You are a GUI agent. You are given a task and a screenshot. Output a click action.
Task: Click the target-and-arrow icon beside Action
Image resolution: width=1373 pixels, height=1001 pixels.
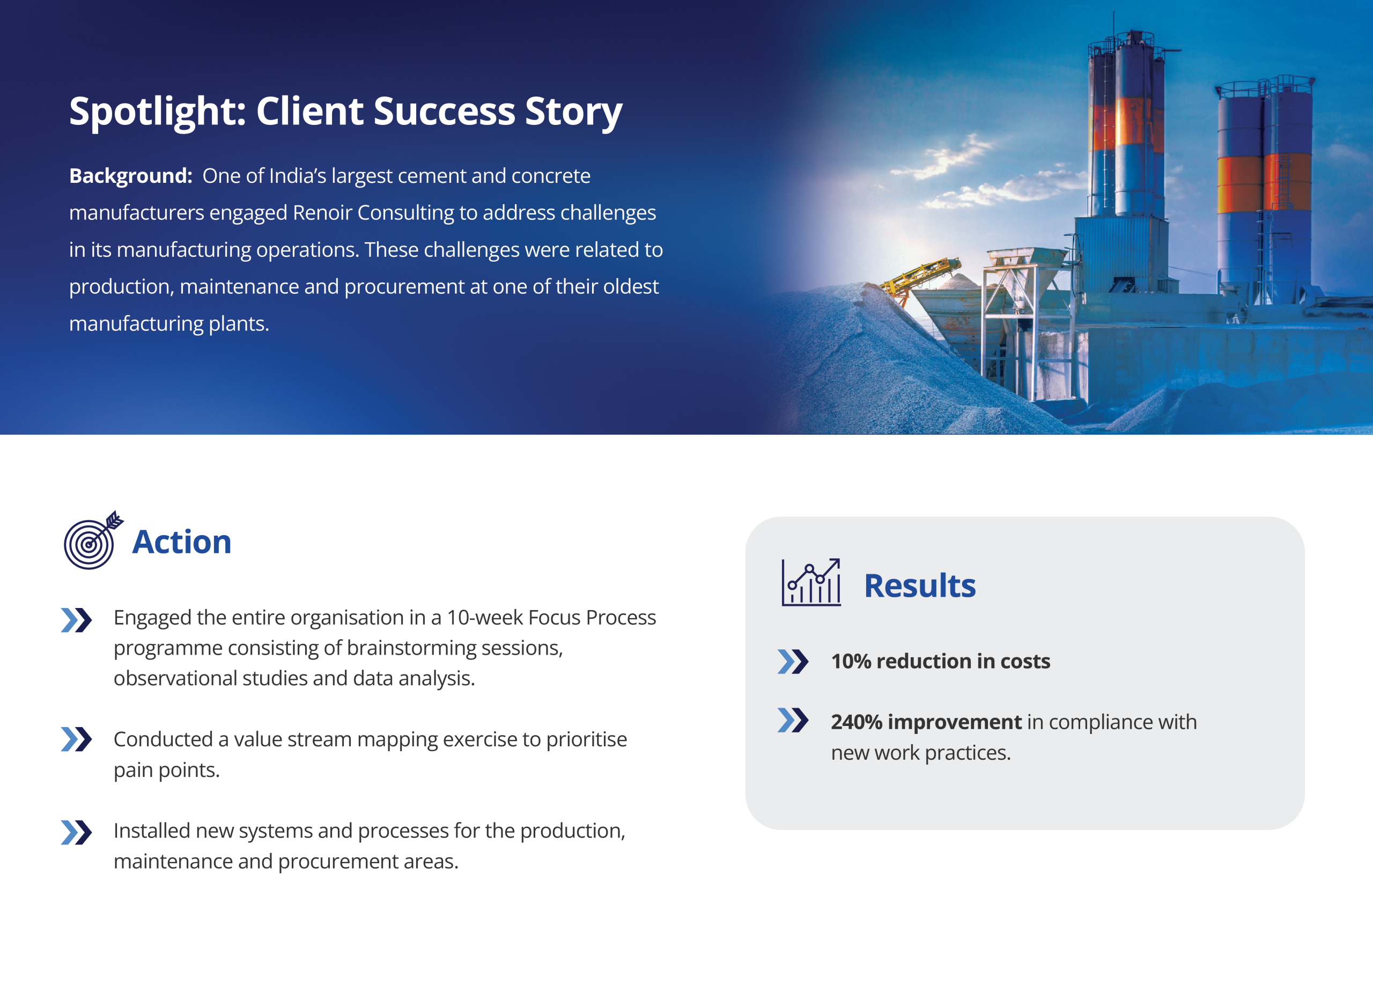pos(93,540)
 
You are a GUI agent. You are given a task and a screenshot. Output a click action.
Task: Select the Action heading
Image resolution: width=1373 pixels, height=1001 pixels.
pos(182,542)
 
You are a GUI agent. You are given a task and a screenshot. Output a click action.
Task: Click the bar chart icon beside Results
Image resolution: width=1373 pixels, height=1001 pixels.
pos(811,582)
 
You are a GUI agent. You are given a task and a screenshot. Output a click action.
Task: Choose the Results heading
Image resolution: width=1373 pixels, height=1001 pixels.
pos(920,586)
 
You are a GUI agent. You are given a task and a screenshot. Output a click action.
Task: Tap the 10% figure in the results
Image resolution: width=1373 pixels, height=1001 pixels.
pos(851,661)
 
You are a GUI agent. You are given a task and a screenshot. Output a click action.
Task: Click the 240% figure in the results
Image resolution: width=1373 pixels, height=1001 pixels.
pos(857,722)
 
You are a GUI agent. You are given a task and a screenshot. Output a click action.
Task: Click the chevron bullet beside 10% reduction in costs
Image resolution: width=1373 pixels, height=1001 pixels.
pos(793,662)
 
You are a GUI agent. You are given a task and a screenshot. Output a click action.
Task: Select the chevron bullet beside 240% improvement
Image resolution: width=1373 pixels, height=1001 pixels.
pos(793,720)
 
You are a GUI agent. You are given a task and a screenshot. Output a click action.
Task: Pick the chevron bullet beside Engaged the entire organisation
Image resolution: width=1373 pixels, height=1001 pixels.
pos(76,620)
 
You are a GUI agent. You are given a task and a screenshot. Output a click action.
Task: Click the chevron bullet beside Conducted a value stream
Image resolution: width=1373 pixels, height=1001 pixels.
pos(76,739)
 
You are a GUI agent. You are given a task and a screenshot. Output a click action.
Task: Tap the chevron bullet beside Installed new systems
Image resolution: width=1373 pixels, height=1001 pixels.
pos(76,833)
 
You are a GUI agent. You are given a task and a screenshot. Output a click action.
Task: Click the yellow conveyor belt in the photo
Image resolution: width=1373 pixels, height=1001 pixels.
pos(921,276)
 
